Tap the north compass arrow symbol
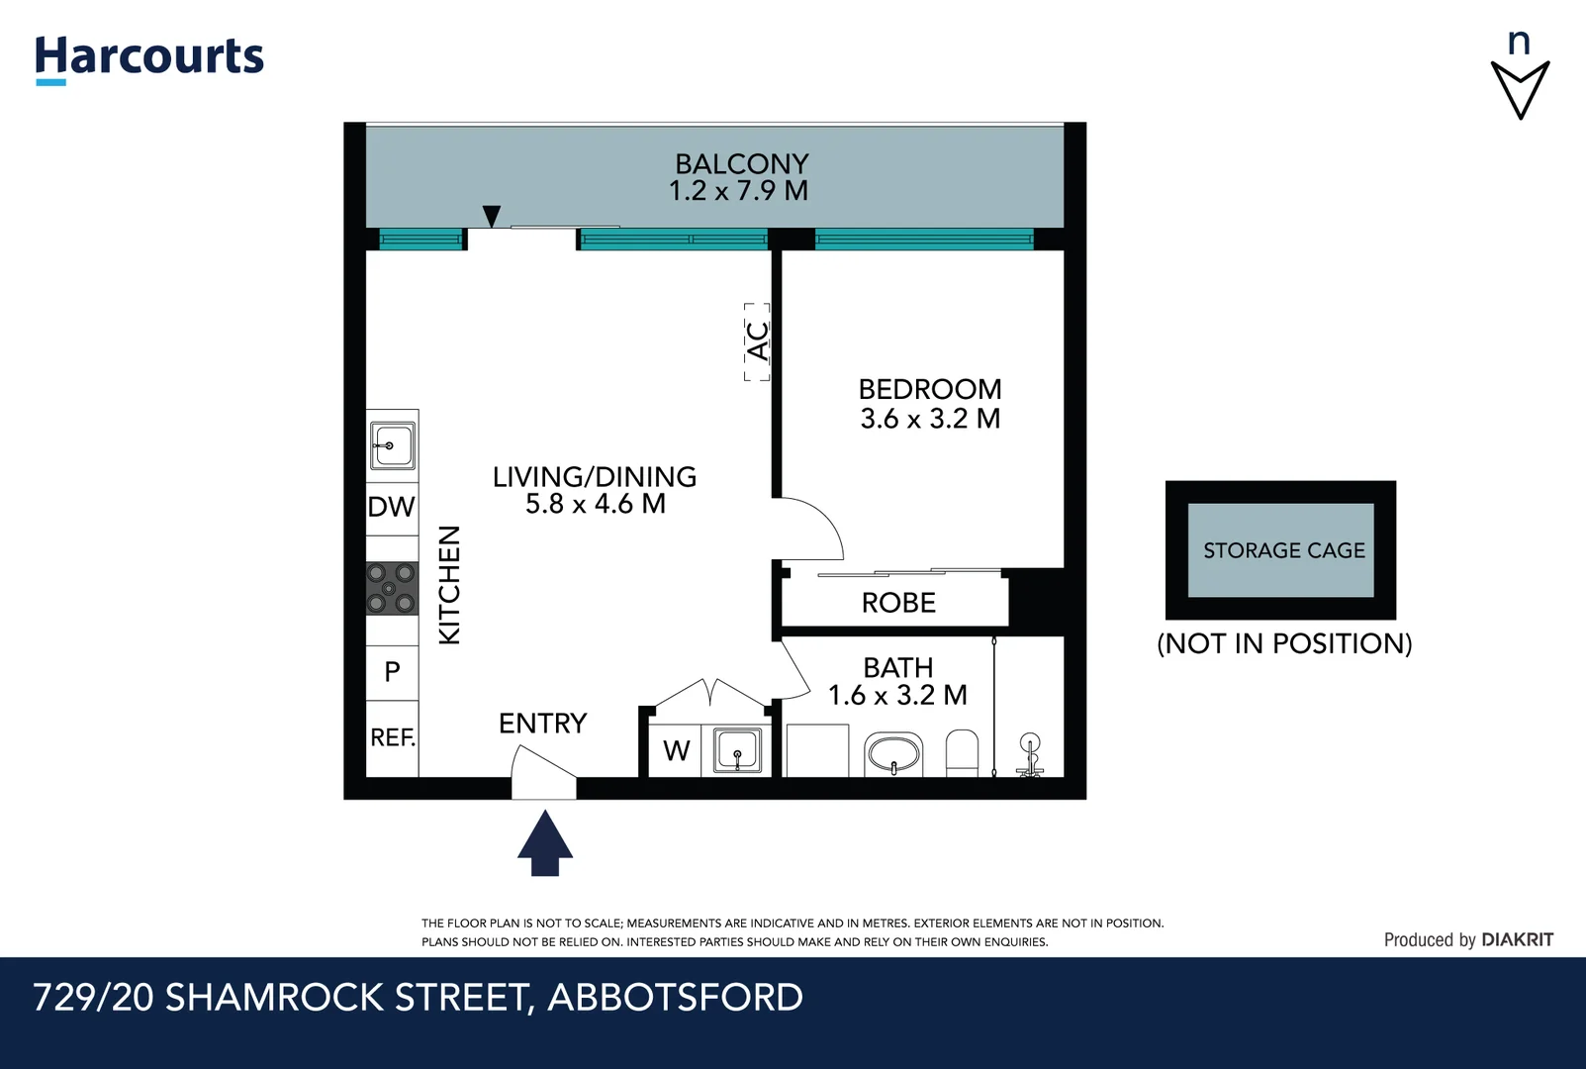(1520, 87)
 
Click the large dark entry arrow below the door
(545, 843)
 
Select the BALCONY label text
(741, 163)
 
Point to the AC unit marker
(757, 341)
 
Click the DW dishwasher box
(392, 508)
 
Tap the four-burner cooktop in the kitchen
(392, 588)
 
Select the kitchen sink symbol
(392, 445)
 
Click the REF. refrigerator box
(393, 738)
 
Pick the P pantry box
(393, 672)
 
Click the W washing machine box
(677, 751)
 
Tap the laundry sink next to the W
(737, 750)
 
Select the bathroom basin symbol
(893, 755)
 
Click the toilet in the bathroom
(962, 754)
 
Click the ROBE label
(898, 603)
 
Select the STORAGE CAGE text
(1283, 550)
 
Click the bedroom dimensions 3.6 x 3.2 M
(930, 419)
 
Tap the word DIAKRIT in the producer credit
(1517, 940)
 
